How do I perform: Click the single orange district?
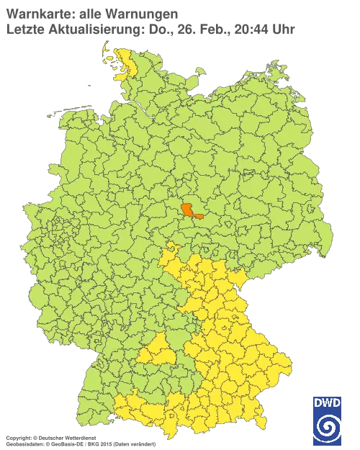(191, 210)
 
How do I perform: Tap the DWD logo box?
(328, 419)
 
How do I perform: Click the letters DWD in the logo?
(328, 403)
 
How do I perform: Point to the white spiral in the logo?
(328, 428)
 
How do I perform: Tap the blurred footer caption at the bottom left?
(79, 438)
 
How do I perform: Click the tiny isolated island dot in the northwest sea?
(89, 84)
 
